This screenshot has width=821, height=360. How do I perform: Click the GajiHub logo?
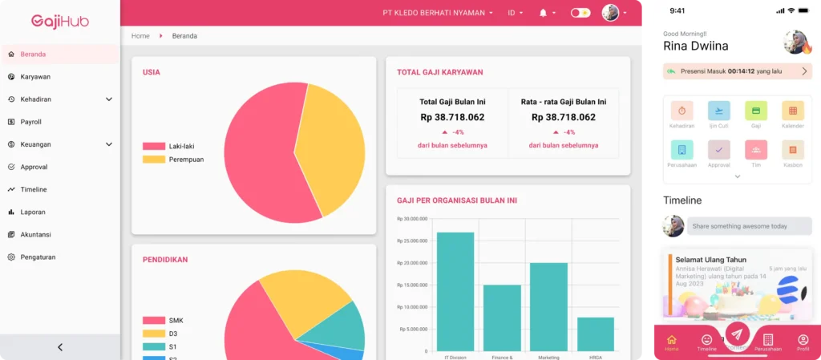coord(60,21)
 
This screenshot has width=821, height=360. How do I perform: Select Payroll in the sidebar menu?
coord(30,122)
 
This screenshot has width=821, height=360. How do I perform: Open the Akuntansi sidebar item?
coord(35,234)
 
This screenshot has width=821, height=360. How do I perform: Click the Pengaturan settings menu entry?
coord(37,257)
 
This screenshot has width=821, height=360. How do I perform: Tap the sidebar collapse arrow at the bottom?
coord(60,347)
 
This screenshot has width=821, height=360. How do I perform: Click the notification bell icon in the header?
coord(544,13)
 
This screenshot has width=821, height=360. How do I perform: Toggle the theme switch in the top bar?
coord(580,13)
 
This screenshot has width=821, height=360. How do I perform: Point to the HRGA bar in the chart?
coord(595,334)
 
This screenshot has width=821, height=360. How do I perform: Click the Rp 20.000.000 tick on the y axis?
coord(412,263)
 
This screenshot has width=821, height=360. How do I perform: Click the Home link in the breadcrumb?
coord(140,36)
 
